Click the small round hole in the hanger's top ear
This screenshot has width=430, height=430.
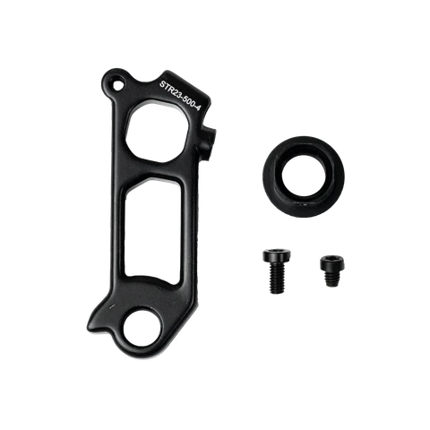117,83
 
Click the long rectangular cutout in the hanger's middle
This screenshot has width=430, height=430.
152,230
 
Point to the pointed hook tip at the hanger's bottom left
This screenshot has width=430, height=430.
90,326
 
